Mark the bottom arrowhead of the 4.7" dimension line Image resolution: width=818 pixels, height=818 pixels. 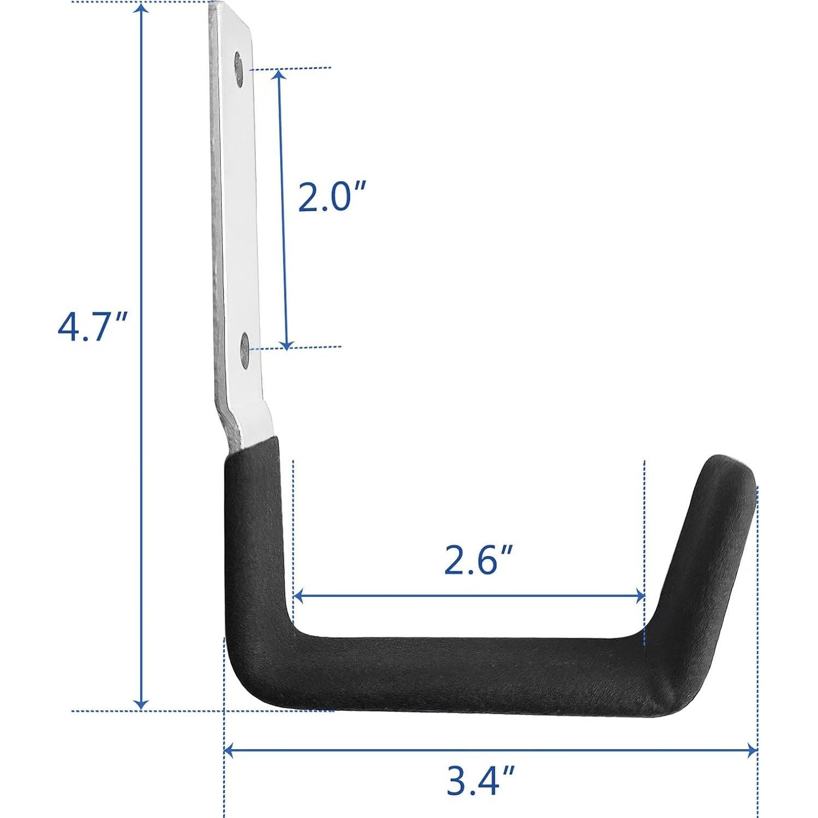coord(142,704)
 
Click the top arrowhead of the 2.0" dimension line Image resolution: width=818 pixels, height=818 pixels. coord(279,74)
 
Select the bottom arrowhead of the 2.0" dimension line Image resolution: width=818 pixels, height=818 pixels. coord(287,344)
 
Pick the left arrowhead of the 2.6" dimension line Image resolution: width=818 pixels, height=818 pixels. coord(298,596)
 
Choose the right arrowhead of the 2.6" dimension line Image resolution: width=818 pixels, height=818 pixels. coord(640,596)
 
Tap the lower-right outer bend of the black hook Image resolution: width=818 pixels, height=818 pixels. coord(677,704)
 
